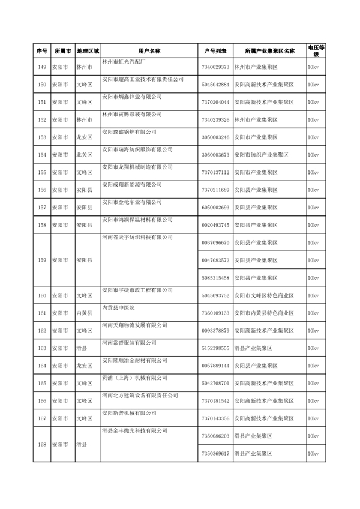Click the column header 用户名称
[148, 51]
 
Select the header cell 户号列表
[214, 51]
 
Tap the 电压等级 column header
[316, 51]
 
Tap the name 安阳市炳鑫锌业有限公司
[132, 97]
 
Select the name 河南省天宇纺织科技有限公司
[136, 237]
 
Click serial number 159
[41, 261]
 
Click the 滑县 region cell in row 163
[82, 348]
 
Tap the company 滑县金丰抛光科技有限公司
[133, 430]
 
